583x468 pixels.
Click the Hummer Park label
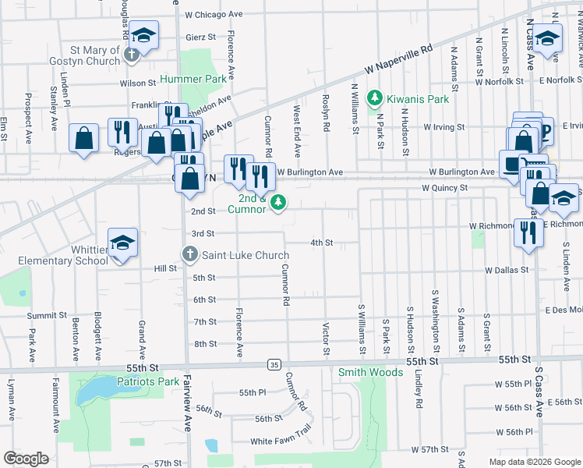(193, 79)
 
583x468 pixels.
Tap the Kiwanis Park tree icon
(375, 97)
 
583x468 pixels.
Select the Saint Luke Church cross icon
(189, 254)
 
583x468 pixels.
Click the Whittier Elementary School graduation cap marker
(122, 244)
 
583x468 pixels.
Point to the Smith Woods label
(370, 373)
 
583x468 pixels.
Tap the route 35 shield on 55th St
(273, 364)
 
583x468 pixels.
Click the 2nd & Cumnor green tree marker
(278, 204)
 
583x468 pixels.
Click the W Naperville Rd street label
(397, 58)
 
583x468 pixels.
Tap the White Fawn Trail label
(281, 441)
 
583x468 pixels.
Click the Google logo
(26, 459)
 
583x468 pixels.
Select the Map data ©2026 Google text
(534, 462)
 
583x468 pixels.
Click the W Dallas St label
(506, 270)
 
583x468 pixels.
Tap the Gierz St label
(200, 37)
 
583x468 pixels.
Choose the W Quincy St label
(444, 188)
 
